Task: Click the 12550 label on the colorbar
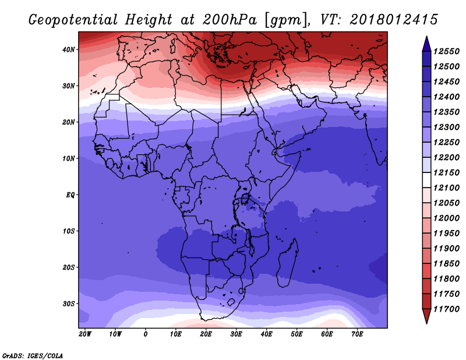pos(446,51)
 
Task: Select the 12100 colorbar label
pos(446,188)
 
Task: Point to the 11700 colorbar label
pos(446,309)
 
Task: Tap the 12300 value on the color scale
pos(446,127)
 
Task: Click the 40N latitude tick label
pos(69,50)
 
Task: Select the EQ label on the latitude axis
pos(70,195)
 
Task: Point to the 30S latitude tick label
pos(69,304)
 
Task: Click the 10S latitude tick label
pos(69,231)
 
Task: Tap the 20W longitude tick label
pos(85,334)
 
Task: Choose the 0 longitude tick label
pos(145,334)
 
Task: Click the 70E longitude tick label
pos(357,334)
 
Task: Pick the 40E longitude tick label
pos(266,334)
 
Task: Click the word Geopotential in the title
pos(73,20)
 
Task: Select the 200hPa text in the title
pos(230,20)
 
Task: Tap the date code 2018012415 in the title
pos(394,20)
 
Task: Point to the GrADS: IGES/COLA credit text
pos(33,356)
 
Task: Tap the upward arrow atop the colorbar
pos(426,44)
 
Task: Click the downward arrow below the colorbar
pos(426,316)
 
